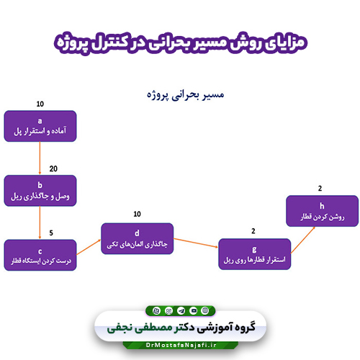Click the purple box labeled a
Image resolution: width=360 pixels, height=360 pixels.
tap(40, 126)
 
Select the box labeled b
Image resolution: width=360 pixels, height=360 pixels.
tap(40, 191)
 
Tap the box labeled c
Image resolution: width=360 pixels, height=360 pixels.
tap(40, 255)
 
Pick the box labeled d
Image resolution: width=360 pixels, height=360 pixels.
tap(137, 238)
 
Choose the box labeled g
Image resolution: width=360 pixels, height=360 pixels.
tap(254, 254)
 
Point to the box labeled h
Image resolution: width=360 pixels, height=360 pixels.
tap(322, 211)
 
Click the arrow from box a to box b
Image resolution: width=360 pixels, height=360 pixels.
tap(40, 158)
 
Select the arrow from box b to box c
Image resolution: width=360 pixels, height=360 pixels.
tap(40, 222)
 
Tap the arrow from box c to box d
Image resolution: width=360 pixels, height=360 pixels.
tap(89, 247)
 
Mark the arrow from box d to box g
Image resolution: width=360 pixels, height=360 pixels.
tap(196, 243)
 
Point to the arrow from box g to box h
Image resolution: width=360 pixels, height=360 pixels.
tap(303, 240)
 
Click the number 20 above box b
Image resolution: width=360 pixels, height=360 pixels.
tap(53, 168)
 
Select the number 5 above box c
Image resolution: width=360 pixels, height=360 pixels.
tap(51, 233)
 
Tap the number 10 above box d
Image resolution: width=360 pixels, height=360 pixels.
tap(137, 214)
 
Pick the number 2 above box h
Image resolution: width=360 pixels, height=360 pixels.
tap(320, 189)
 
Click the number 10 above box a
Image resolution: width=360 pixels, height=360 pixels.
tap(40, 104)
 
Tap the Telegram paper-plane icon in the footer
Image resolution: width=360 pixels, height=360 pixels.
tap(181, 311)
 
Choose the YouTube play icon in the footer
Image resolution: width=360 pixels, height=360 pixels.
tap(194, 310)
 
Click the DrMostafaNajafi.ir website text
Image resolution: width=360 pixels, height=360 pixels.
tap(181, 345)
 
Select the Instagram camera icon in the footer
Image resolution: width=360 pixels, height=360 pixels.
tap(168, 311)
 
